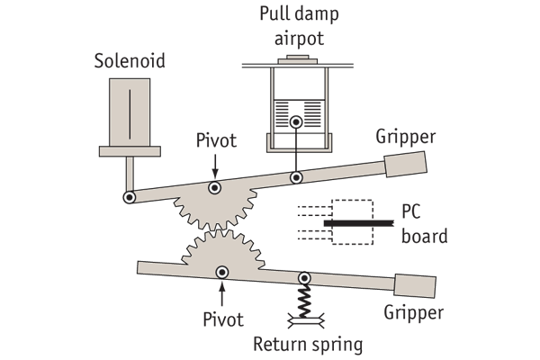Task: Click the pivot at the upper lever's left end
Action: pos(130,197)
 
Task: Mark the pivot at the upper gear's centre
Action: pos(214,188)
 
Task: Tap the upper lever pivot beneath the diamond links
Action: pos(295,178)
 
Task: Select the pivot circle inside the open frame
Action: pos(294,122)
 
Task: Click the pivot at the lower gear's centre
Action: pos(220,272)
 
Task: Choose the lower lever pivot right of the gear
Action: pos(306,279)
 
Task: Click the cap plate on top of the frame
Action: pos(294,61)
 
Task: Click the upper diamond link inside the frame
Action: pos(294,143)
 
